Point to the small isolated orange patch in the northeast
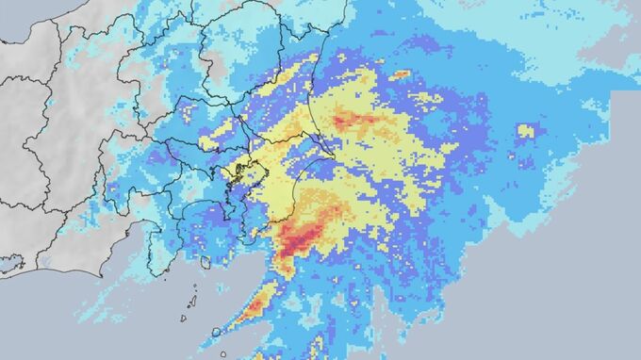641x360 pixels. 401,74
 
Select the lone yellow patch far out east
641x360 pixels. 525,132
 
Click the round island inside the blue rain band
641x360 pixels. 216,332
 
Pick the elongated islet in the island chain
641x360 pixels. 192,302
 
